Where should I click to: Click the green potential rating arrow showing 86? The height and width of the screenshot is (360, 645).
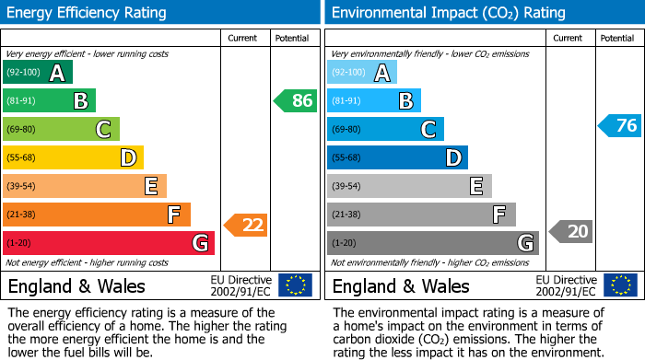pyautogui.click(x=296, y=100)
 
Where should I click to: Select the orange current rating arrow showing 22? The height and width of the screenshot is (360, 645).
pyautogui.click(x=246, y=225)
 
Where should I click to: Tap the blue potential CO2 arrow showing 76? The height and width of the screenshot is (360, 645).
pyautogui.click(x=619, y=125)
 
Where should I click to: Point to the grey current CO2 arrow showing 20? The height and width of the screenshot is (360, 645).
pyautogui.click(x=570, y=231)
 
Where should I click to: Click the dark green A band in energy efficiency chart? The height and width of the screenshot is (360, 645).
pyautogui.click(x=38, y=73)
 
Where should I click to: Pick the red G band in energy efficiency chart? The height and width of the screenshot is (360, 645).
pyautogui.click(x=109, y=243)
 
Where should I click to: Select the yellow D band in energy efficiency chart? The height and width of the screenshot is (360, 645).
pyautogui.click(x=73, y=158)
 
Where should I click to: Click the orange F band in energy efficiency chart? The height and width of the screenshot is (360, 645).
pyautogui.click(x=97, y=215)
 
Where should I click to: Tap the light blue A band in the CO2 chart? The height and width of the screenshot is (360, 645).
pyautogui.click(x=362, y=73)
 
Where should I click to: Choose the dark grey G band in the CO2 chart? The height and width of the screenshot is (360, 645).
pyautogui.click(x=432, y=243)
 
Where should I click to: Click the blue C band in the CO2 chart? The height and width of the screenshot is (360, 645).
pyautogui.click(x=385, y=130)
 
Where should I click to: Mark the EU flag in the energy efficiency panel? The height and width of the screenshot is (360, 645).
pyautogui.click(x=295, y=285)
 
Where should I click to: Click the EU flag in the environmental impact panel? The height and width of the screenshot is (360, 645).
pyautogui.click(x=619, y=285)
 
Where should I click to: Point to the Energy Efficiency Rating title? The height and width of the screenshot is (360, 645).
pyautogui.click(x=88, y=13)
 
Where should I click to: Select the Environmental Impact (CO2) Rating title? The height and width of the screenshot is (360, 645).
pyautogui.click(x=448, y=13)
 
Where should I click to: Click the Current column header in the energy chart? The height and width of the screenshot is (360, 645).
pyautogui.click(x=243, y=38)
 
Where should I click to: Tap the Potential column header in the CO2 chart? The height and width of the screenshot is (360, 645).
pyautogui.click(x=617, y=38)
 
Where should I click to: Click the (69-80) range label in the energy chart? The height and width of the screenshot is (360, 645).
pyautogui.click(x=22, y=129)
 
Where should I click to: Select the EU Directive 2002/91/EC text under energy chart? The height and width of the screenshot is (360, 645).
pyautogui.click(x=241, y=285)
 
